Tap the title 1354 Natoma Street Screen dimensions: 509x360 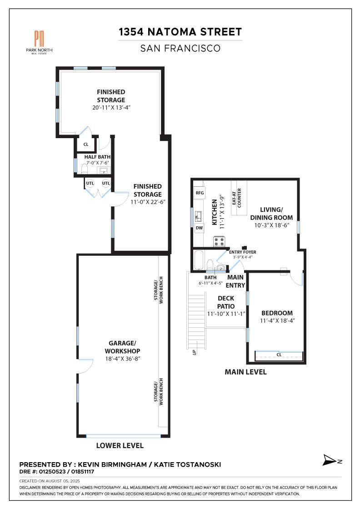pyautogui.click(x=180, y=32)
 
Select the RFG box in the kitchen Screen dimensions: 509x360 pyautogui.click(x=200, y=193)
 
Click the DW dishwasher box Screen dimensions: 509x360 pyautogui.click(x=200, y=228)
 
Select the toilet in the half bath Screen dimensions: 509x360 pyautogui.click(x=84, y=169)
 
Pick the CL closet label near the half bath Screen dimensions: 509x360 pyautogui.click(x=85, y=145)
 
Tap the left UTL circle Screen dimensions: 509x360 pyautogui.click(x=90, y=183)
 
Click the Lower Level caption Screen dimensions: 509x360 pyautogui.click(x=120, y=445)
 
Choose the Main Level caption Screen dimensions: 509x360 pyautogui.click(x=245, y=372)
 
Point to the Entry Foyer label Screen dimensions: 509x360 pyautogui.click(x=242, y=252)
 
